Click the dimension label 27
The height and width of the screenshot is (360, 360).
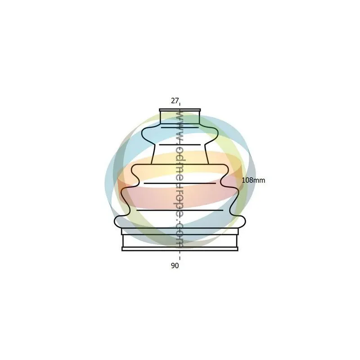pyautogui.click(x=175, y=100)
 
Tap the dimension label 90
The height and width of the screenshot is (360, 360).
pyautogui.click(x=175, y=265)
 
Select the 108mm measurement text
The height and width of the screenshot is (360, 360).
pyautogui.click(x=253, y=180)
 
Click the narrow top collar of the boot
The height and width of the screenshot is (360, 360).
pyautogui.click(x=180, y=117)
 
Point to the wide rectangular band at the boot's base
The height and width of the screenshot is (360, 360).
pyautogui.click(x=180, y=241)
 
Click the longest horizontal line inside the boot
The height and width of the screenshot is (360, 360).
pyautogui.click(x=180, y=210)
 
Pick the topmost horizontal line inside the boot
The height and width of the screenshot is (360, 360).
pyautogui.click(x=180, y=127)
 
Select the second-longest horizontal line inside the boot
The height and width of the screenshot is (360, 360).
pyautogui.click(x=180, y=183)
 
